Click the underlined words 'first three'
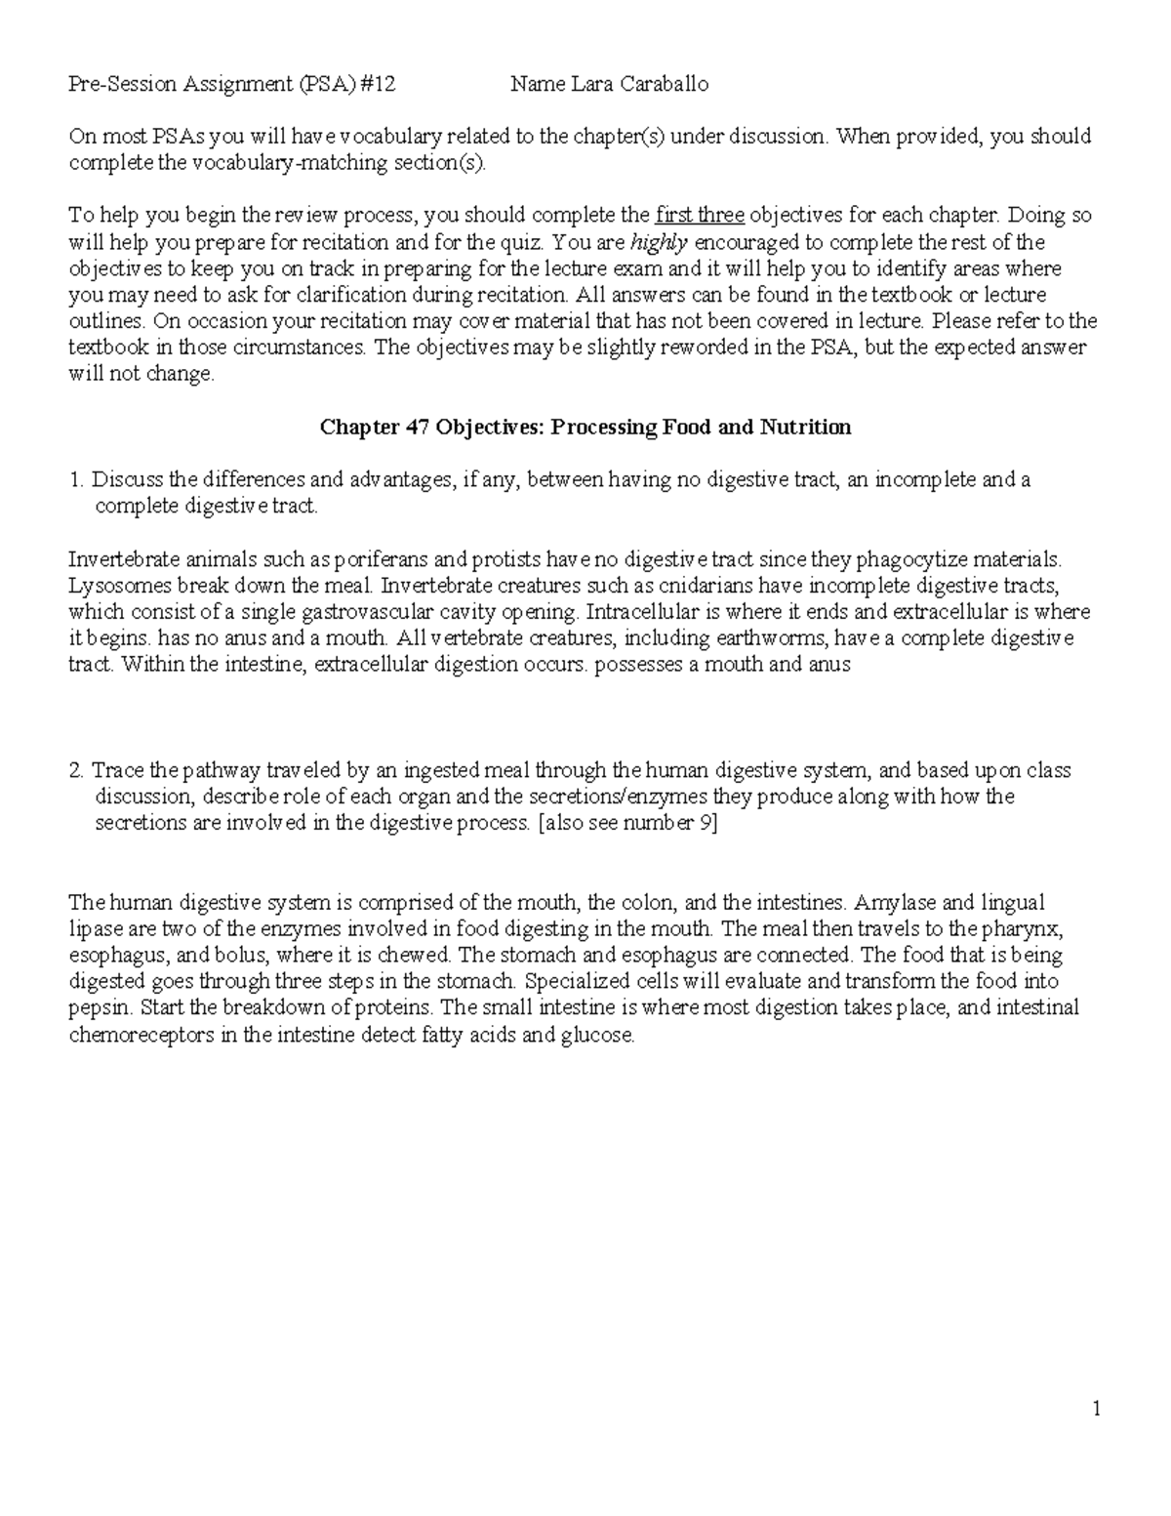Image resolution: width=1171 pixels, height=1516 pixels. coord(700,216)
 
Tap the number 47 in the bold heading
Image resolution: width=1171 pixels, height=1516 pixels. coord(418,428)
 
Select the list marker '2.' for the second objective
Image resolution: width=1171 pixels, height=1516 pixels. coord(77,771)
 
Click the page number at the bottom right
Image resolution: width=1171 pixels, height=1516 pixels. coord(1097,1409)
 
